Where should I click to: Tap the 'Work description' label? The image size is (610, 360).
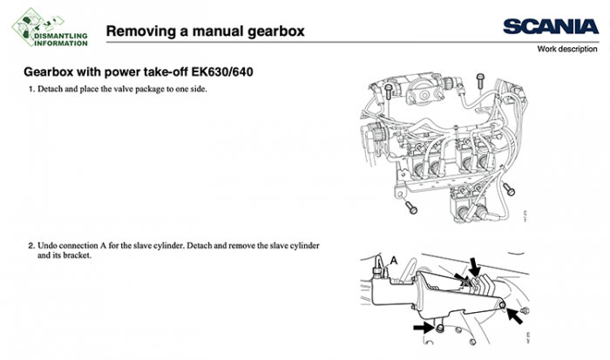[571, 50]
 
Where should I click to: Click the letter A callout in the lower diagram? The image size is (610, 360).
[393, 260]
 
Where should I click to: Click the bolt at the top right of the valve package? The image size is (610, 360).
[480, 81]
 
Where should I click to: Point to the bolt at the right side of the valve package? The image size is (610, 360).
[511, 188]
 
